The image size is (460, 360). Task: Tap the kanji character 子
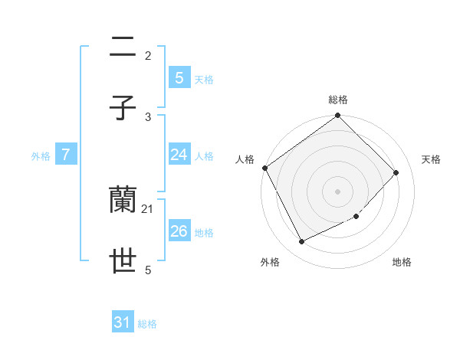click(123, 109)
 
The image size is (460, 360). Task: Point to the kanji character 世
click(123, 262)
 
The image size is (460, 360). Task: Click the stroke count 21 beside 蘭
click(148, 208)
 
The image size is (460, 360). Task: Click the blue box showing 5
click(179, 77)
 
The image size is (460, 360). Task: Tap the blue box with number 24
click(179, 155)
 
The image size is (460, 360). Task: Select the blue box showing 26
click(179, 231)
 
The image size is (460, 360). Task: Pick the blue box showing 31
click(123, 322)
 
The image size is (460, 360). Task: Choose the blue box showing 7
click(66, 155)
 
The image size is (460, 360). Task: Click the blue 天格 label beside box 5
click(204, 80)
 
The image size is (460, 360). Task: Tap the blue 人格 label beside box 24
click(204, 156)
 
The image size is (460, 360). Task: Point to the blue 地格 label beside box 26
click(204, 233)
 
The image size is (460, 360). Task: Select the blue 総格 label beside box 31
click(147, 325)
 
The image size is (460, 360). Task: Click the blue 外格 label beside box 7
click(41, 156)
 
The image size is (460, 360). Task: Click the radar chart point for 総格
click(337, 116)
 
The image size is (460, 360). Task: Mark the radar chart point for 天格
click(396, 172)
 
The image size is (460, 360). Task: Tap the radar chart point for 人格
click(265, 168)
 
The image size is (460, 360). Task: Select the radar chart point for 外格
click(302, 242)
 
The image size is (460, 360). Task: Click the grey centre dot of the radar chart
click(337, 191)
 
